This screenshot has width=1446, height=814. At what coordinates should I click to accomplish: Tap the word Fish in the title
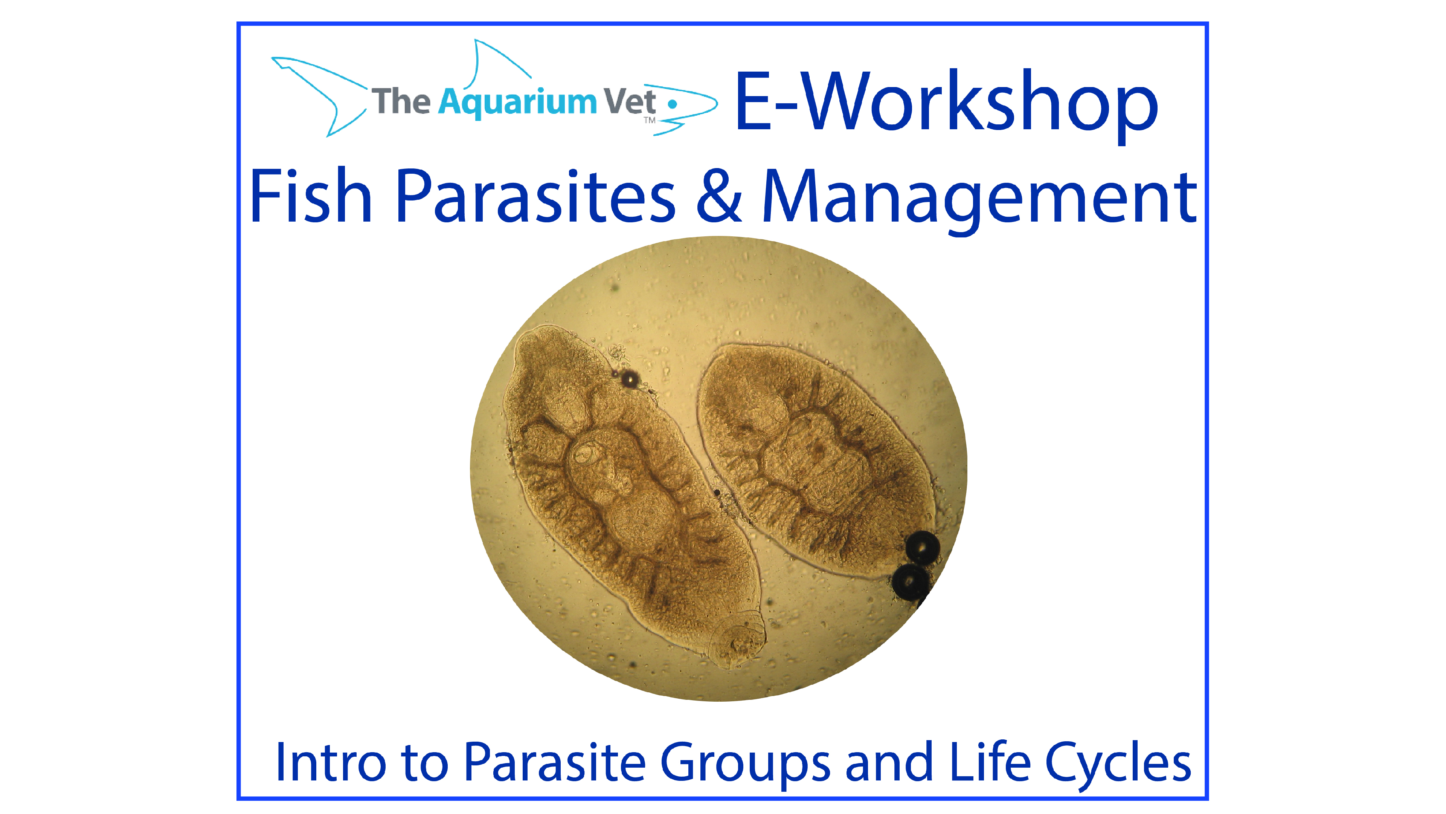click(x=310, y=197)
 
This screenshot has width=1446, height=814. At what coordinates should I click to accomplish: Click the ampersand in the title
click(x=718, y=197)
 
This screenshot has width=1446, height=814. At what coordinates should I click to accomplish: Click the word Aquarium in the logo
click(x=517, y=102)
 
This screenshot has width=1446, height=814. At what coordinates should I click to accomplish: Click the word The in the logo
click(x=401, y=102)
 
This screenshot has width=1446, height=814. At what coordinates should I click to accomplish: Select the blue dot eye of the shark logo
click(x=672, y=104)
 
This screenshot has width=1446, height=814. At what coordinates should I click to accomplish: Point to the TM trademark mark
click(x=650, y=120)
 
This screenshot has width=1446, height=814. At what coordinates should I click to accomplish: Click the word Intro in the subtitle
click(x=331, y=762)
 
